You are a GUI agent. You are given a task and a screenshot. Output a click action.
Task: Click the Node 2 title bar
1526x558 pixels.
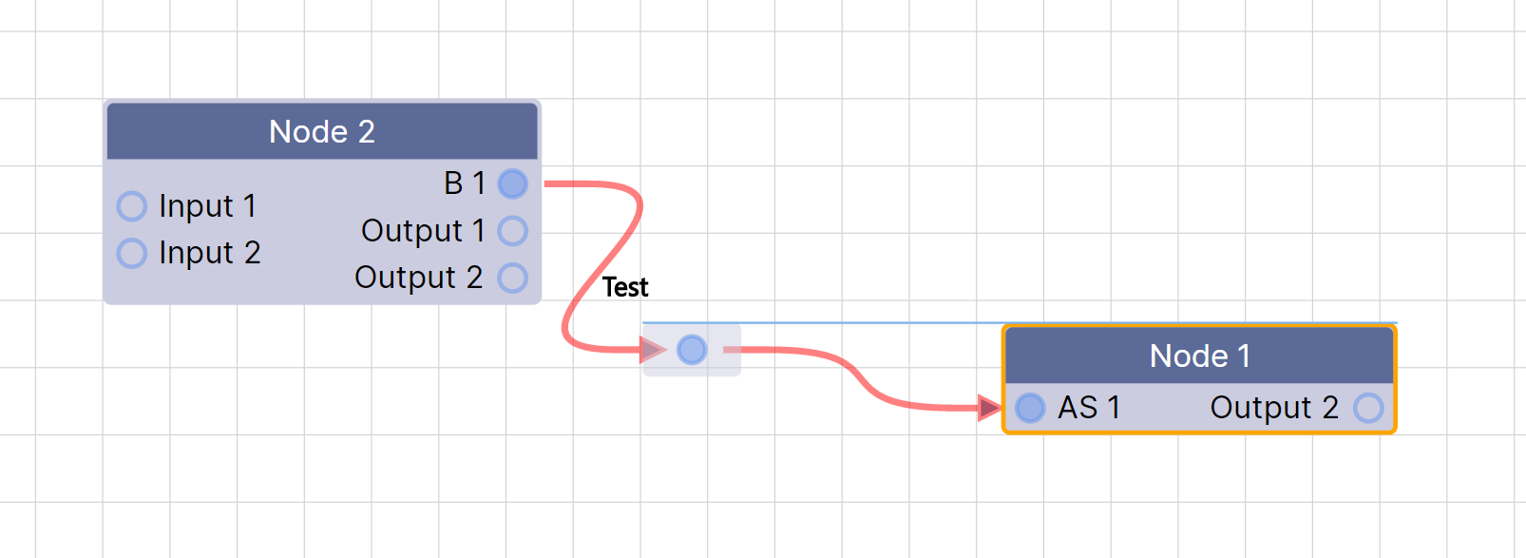click(x=322, y=131)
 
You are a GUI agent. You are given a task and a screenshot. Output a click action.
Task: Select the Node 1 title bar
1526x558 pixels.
click(x=1199, y=356)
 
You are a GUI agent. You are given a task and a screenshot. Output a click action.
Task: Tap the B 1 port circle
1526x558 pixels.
click(x=513, y=183)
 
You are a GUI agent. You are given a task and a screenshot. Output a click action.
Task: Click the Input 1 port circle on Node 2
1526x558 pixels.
click(x=132, y=206)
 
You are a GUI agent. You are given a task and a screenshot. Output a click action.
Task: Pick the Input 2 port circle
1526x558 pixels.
click(x=132, y=253)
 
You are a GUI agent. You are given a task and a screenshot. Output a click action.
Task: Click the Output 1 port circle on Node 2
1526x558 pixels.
click(x=513, y=230)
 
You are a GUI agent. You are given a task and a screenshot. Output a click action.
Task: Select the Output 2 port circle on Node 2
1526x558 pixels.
click(x=513, y=278)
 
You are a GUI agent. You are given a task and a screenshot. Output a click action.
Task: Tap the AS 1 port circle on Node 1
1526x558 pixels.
click(x=1030, y=408)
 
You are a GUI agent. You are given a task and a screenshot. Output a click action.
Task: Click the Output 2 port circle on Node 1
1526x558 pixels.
click(x=1368, y=408)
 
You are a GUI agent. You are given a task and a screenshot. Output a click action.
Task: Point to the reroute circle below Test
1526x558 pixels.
click(x=692, y=350)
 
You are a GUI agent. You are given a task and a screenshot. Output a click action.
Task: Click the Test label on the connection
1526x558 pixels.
click(x=625, y=287)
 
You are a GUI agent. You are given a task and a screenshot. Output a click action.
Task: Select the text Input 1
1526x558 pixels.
click(x=207, y=206)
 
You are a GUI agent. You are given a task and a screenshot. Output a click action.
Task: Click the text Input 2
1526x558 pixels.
click(x=209, y=253)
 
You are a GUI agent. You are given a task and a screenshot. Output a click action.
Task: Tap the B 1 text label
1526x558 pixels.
click(x=465, y=183)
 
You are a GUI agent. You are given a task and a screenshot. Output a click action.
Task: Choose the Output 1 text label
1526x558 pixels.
click(x=423, y=230)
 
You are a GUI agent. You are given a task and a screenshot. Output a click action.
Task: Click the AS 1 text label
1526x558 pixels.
click(x=1089, y=408)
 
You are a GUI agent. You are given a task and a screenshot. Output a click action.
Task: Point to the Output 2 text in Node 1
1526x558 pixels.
click(x=1273, y=408)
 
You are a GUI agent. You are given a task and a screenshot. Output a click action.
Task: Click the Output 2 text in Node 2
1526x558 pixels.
click(x=418, y=278)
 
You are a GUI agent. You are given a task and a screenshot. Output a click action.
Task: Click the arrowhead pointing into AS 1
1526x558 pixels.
click(x=989, y=408)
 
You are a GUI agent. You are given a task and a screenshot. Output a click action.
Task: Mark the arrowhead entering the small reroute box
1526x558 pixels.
click(x=653, y=350)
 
